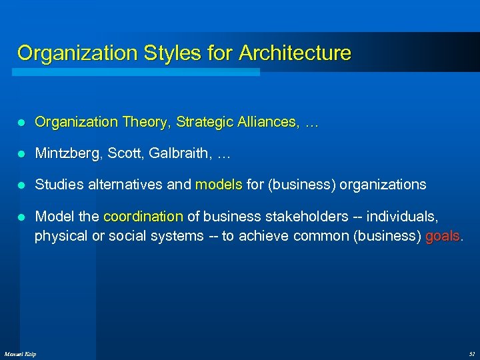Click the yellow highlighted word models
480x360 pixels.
point(219,185)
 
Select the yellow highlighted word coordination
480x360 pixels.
point(143,216)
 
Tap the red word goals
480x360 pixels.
point(442,236)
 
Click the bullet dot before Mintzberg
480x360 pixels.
point(21,154)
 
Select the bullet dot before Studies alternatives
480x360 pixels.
point(21,185)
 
